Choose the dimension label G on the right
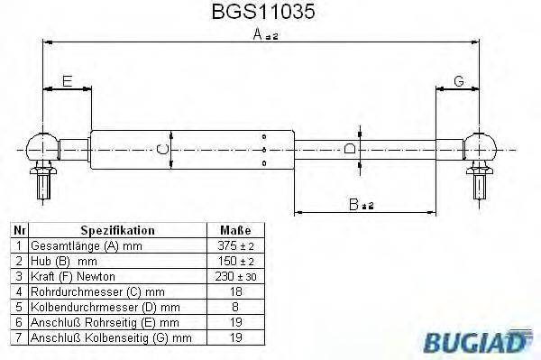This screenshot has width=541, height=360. (x=459, y=82)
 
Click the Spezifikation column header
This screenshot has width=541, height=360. (x=118, y=230)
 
